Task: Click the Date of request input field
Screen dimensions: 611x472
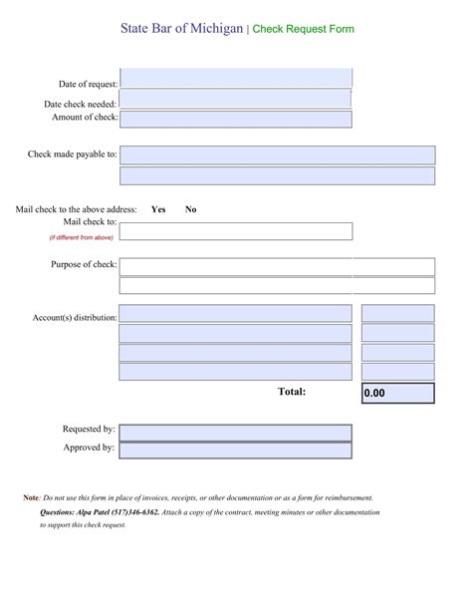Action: [x=236, y=79]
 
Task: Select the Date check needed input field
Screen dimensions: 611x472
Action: [x=236, y=100]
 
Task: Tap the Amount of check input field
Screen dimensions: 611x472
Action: [x=236, y=119]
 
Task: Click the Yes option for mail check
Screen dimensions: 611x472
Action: [x=158, y=209]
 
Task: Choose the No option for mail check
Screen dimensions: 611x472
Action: [x=190, y=209]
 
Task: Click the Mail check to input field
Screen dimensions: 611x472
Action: [x=236, y=231]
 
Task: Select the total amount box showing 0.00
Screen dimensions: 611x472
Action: [x=397, y=393]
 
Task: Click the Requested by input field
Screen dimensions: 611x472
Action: [x=236, y=432]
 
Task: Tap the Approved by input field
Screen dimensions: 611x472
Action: [x=236, y=450]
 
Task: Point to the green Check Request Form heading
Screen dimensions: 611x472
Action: [x=303, y=30]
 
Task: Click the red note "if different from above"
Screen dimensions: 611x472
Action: [x=82, y=238]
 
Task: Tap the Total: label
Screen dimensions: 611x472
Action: [x=292, y=392]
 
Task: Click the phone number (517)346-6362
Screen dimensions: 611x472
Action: [x=135, y=511]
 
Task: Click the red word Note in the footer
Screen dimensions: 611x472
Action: [x=31, y=497]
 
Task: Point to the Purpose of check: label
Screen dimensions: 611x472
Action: [x=84, y=265]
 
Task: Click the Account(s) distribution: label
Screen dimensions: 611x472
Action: [x=75, y=318]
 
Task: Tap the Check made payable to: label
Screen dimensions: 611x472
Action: [x=73, y=154]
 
